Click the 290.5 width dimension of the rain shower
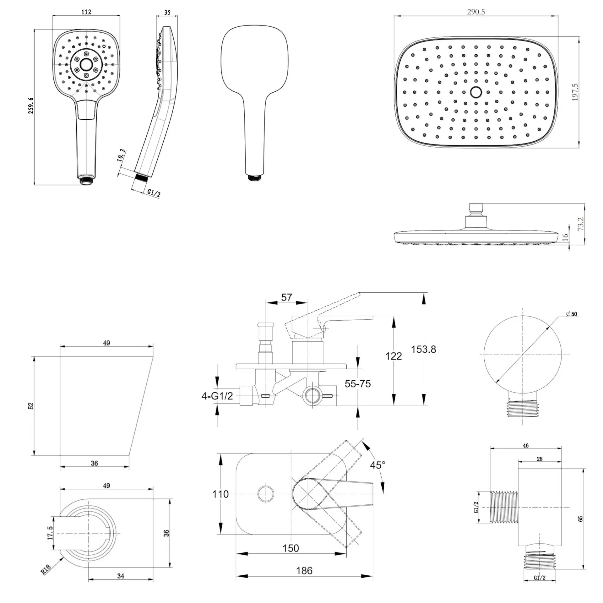(x=476, y=12)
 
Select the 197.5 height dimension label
(x=575, y=92)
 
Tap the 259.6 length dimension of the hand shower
(x=31, y=106)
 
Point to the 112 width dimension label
(x=86, y=12)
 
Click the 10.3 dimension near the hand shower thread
(x=121, y=155)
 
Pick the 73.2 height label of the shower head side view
(x=581, y=224)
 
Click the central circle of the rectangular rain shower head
(x=476, y=92)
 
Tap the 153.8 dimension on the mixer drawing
(x=423, y=349)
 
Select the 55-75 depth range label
(x=358, y=383)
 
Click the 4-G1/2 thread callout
(x=217, y=396)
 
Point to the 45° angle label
(x=378, y=465)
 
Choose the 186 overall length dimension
(x=304, y=571)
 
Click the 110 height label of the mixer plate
(x=220, y=494)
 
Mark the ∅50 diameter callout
(x=571, y=314)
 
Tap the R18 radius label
(x=46, y=569)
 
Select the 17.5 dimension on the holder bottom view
(x=50, y=533)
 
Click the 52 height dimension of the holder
(x=31, y=406)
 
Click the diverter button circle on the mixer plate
(x=266, y=494)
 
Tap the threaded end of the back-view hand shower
(x=255, y=177)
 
